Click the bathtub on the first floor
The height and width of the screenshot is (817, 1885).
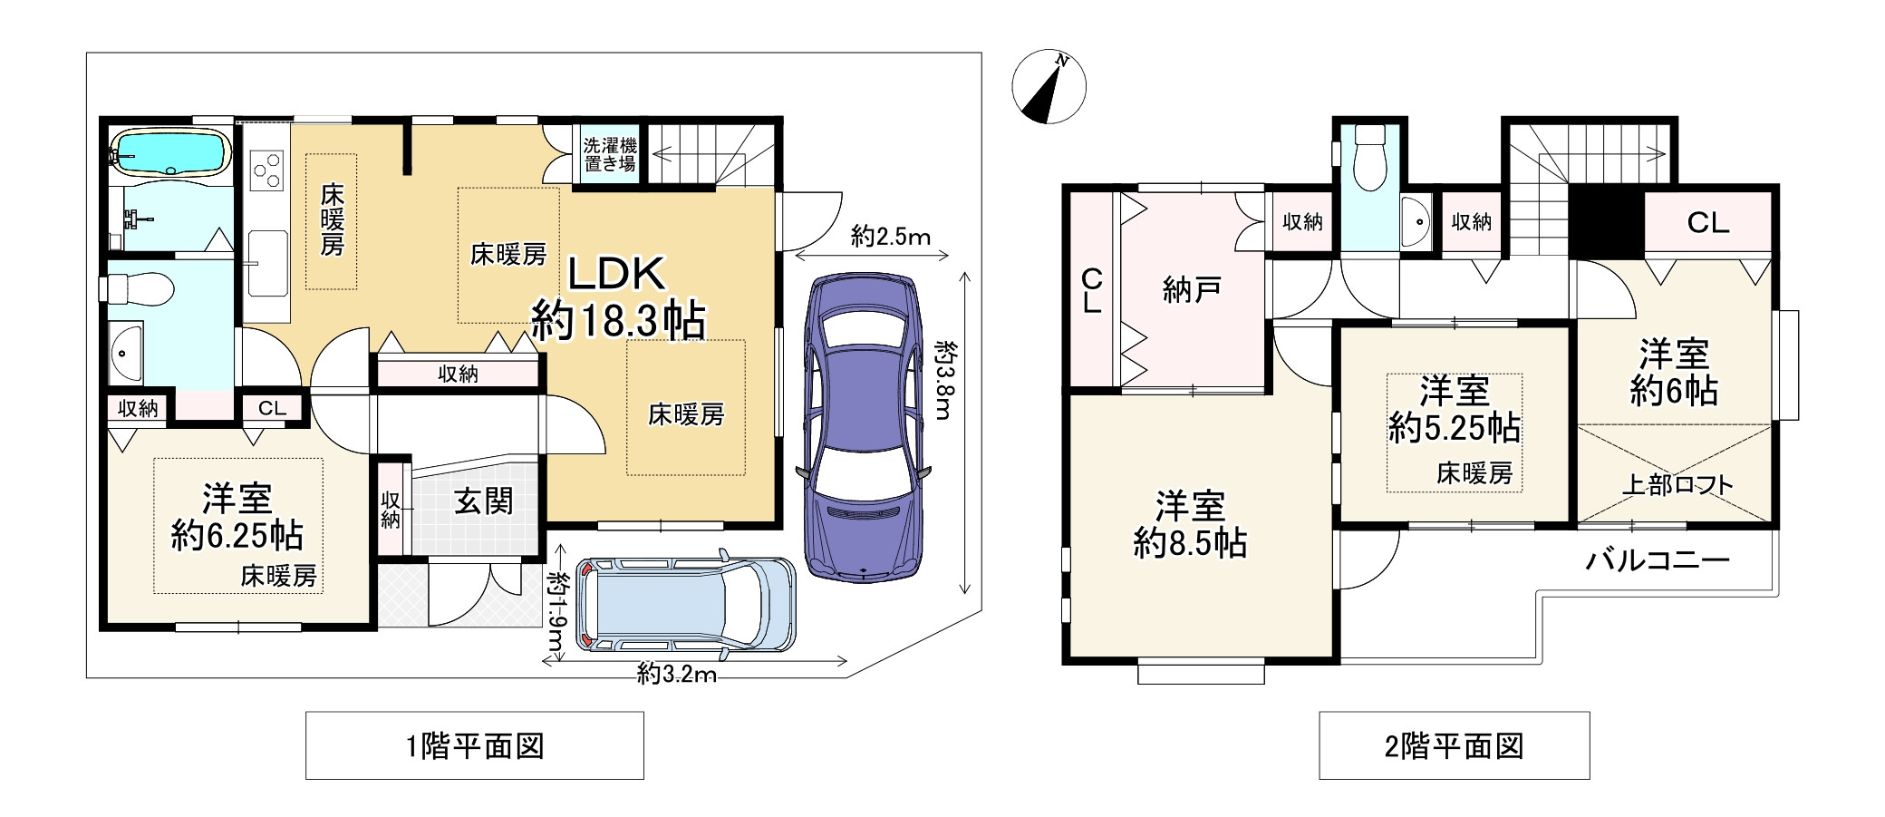(169, 152)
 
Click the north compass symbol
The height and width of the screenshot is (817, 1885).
(1049, 87)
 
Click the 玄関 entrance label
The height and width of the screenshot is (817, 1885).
(484, 501)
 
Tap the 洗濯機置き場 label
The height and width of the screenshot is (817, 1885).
(609, 155)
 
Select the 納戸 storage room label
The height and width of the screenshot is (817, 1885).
(1191, 290)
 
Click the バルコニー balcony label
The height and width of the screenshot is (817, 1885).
(1658, 560)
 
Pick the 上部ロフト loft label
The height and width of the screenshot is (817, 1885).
(1677, 485)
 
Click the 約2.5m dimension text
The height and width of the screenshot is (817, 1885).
(891, 237)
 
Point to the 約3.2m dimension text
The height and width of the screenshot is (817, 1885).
(677, 674)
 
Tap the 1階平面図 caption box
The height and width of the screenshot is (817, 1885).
(475, 745)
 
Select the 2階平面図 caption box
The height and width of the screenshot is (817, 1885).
(1454, 745)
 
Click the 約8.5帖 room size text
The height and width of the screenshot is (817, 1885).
(1191, 542)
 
